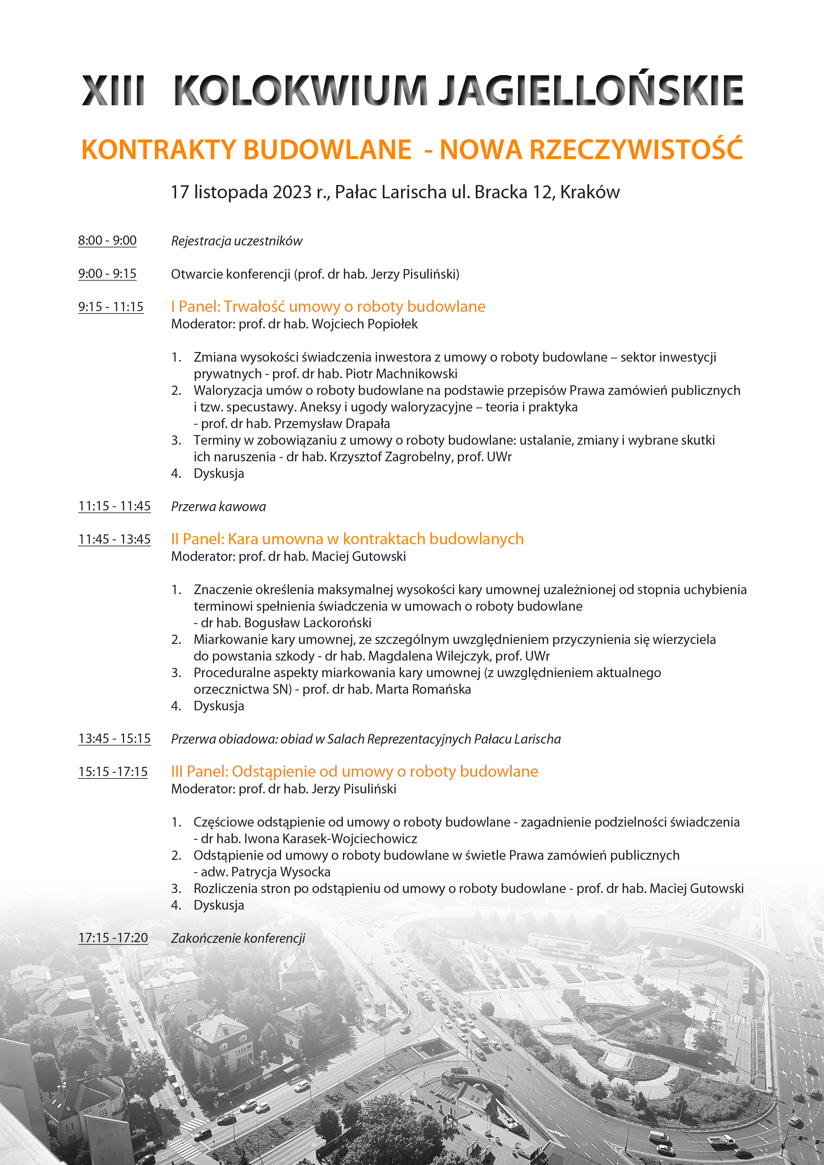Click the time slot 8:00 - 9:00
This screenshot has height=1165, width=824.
(107, 240)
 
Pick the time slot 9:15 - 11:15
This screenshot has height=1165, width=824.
(111, 307)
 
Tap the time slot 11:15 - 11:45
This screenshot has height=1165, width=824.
(114, 506)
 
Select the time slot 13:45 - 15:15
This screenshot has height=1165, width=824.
(114, 739)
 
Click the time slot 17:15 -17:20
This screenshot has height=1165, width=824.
(113, 938)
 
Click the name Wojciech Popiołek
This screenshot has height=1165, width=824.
(364, 324)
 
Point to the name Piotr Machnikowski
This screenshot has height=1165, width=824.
(401, 374)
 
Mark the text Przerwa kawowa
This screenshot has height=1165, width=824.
(218, 507)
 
